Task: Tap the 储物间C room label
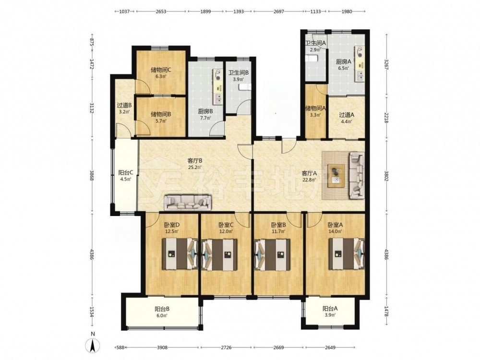(161, 70)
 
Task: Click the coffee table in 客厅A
(336, 176)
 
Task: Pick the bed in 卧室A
(347, 254)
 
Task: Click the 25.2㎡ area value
(195, 168)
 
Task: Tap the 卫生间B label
(239, 73)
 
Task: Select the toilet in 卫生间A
(312, 58)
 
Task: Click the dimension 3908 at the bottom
(162, 348)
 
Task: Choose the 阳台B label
(162, 309)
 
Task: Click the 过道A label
(347, 115)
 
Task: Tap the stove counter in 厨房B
(217, 86)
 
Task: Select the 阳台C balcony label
(125, 173)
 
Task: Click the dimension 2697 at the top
(278, 12)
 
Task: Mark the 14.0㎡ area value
(335, 232)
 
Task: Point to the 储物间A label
(316, 108)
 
